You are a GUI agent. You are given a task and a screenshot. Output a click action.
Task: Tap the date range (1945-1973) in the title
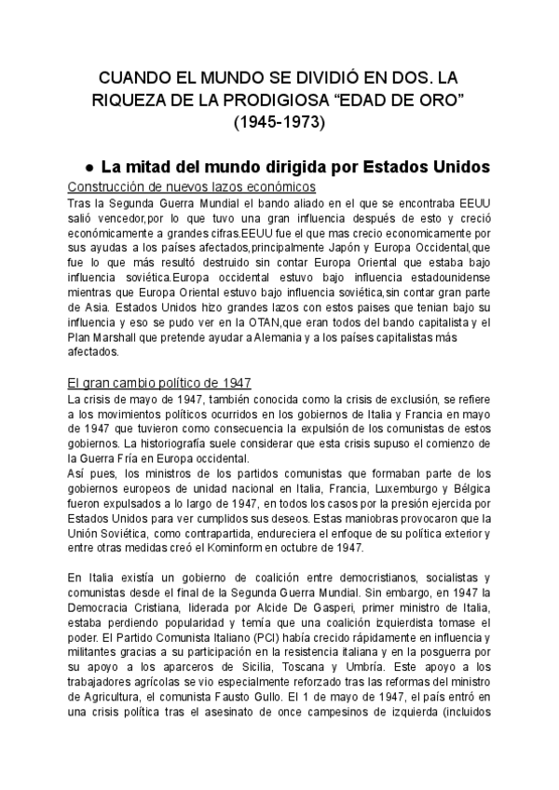(279, 121)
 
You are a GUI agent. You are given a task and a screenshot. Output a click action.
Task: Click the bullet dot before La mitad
(88, 168)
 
